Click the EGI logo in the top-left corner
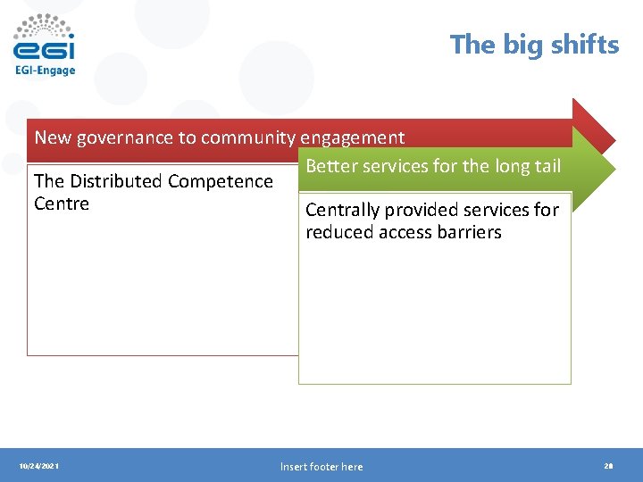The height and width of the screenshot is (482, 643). (44, 38)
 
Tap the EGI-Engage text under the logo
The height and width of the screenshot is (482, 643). (45, 70)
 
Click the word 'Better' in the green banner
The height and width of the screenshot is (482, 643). (332, 166)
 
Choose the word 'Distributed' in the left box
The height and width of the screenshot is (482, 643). (118, 181)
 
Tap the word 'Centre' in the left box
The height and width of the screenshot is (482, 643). (62, 204)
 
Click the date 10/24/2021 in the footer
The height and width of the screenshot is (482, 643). (39, 466)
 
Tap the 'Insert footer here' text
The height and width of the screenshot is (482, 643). (321, 466)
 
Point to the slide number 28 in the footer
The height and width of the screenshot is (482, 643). (608, 466)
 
